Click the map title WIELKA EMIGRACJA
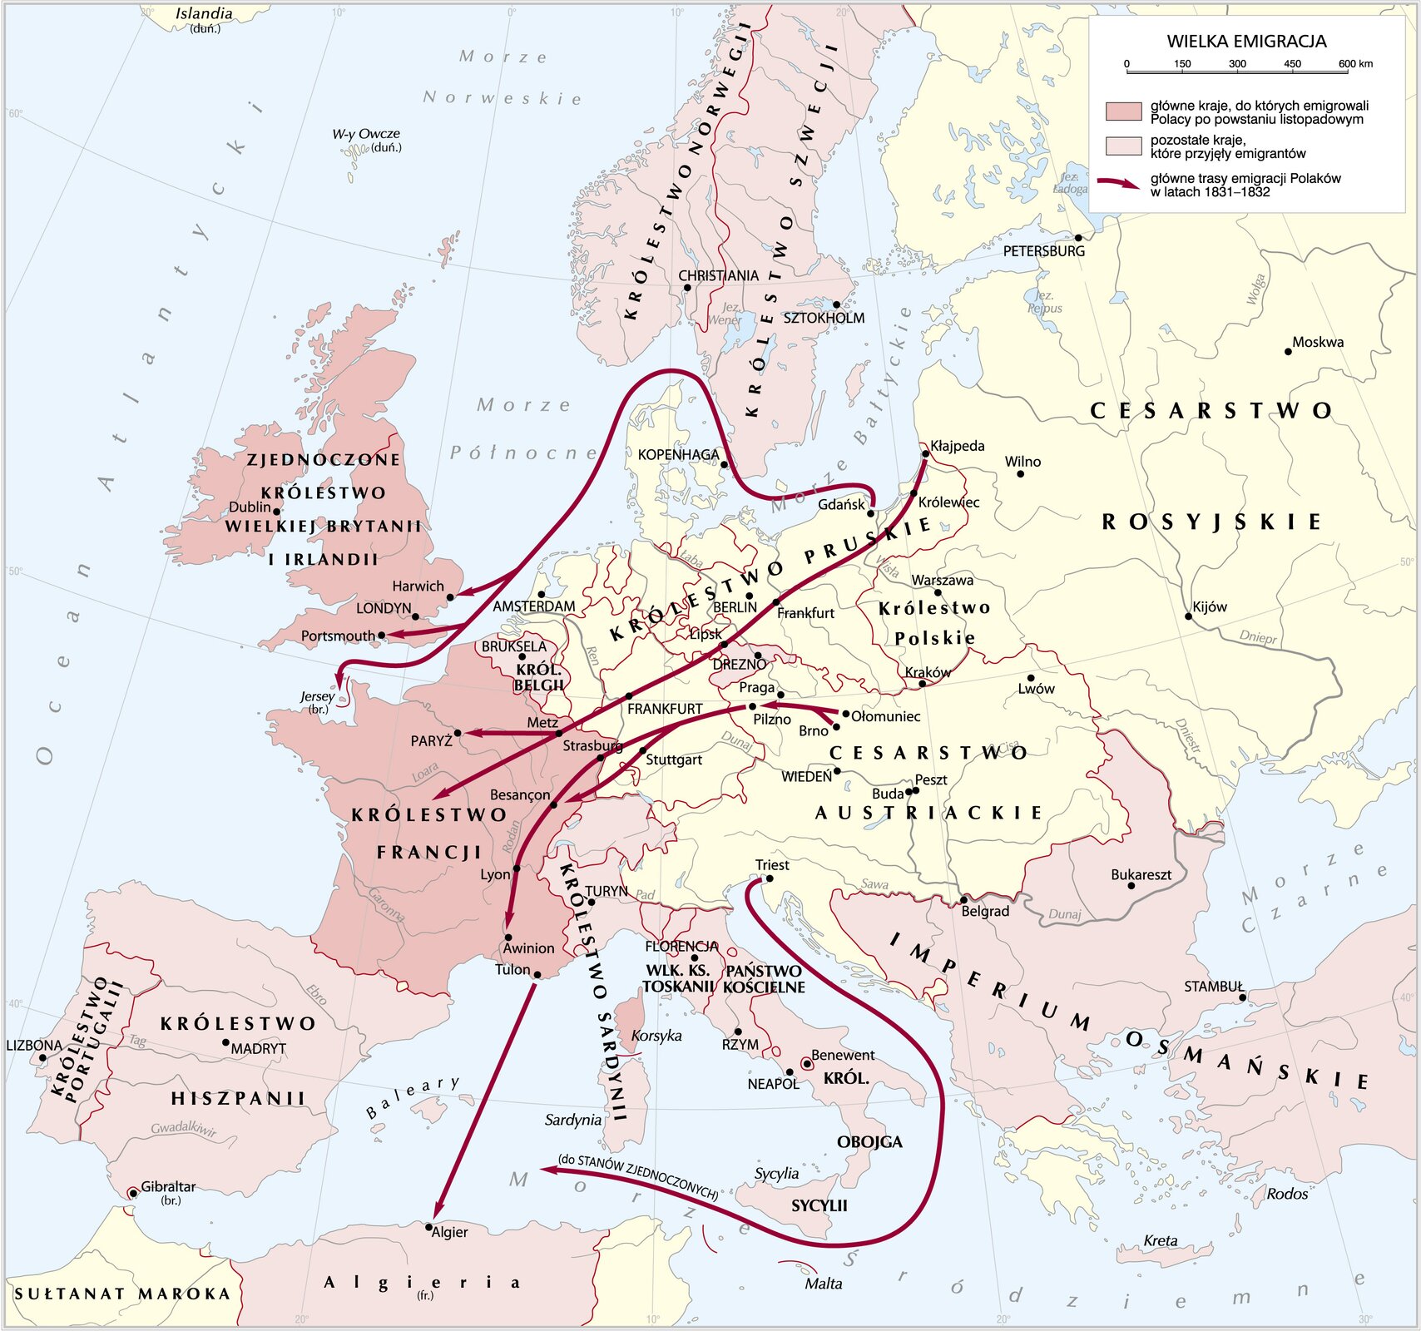click(x=1245, y=42)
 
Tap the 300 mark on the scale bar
click(x=1237, y=64)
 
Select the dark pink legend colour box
click(x=1122, y=112)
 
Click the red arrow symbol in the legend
click(x=1118, y=184)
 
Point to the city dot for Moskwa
click(x=1288, y=352)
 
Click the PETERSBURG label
click(x=1043, y=251)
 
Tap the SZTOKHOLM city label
click(x=824, y=318)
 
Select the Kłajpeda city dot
click(x=925, y=453)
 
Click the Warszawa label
click(x=942, y=580)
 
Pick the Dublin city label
click(x=250, y=507)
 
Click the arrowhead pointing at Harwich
click(x=463, y=592)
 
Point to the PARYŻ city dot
click(x=458, y=733)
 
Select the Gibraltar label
click(x=168, y=1187)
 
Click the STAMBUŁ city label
click(x=1213, y=987)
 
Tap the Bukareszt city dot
click(x=1131, y=885)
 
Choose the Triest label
click(x=772, y=865)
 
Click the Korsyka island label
click(x=656, y=1036)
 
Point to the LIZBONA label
click(x=33, y=1045)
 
